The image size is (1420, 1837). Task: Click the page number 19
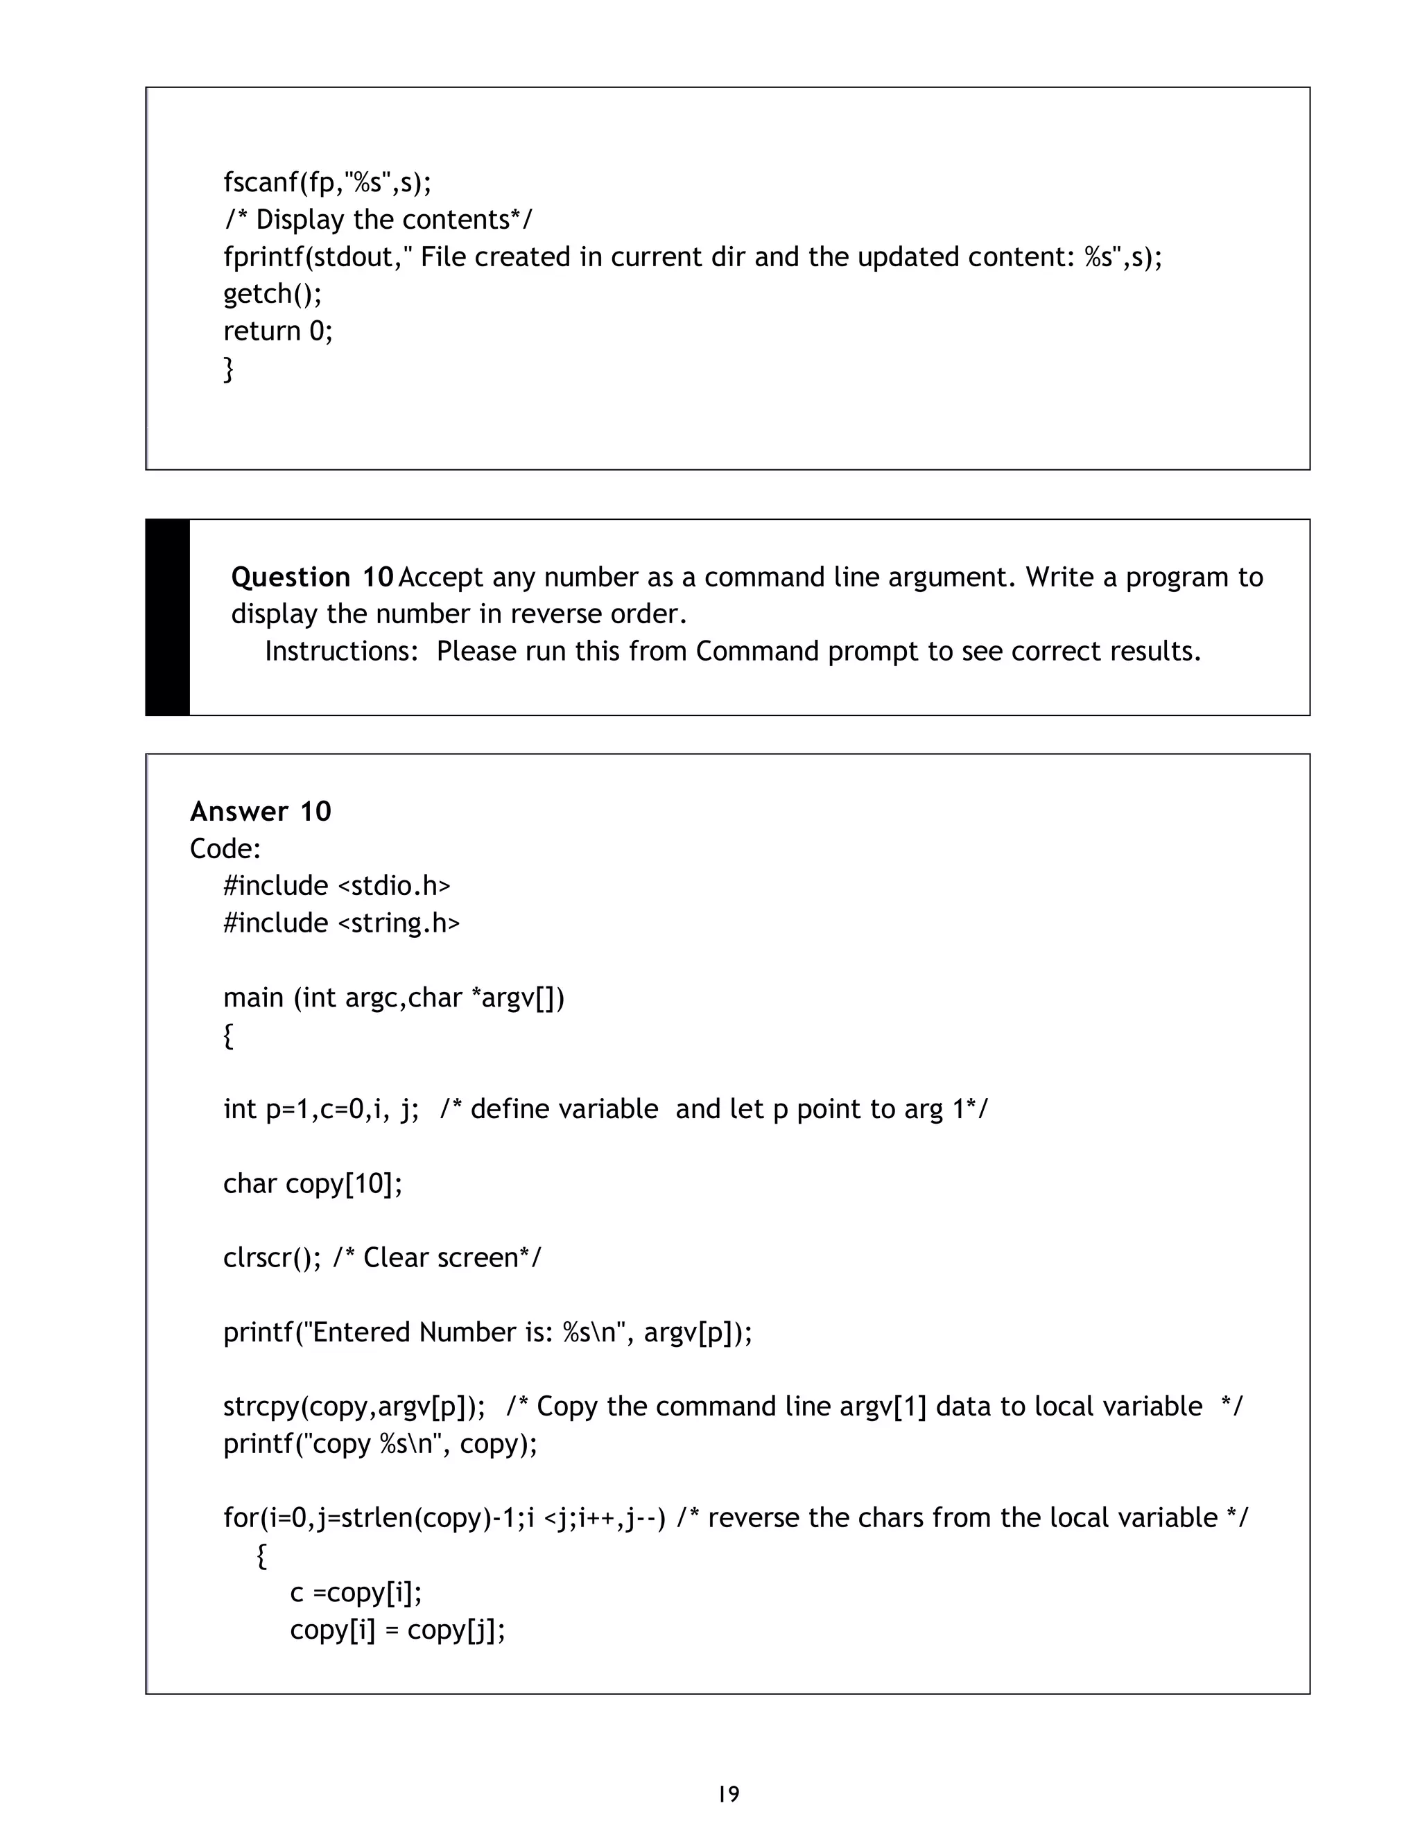(729, 1793)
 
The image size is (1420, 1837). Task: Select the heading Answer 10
(261, 811)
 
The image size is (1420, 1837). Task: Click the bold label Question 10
(312, 577)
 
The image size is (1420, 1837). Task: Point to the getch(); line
(272, 293)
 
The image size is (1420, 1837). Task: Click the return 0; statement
(277, 331)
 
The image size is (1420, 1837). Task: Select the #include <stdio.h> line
(336, 886)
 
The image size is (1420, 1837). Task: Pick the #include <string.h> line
(342, 923)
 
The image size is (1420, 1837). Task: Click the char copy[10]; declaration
(313, 1183)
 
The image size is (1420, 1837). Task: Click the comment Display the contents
(378, 220)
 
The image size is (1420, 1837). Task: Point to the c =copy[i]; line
(356, 1592)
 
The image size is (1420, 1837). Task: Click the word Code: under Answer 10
(225, 848)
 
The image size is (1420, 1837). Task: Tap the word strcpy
(261, 1407)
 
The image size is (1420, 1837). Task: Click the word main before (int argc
(252, 998)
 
